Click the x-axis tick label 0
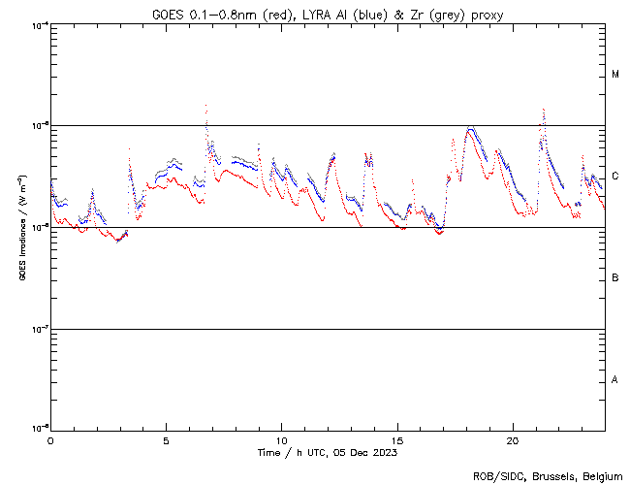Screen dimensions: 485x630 coord(50,439)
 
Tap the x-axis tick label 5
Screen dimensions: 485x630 coord(166,439)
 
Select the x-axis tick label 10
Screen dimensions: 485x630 coord(281,439)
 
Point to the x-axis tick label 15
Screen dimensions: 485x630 coord(397,439)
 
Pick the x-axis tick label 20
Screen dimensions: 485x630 coord(513,439)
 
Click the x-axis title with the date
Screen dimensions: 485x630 coord(327,452)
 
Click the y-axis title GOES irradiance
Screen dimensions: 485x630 coord(21,227)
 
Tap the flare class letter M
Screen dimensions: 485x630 coord(615,75)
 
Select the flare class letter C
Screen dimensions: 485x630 coord(615,177)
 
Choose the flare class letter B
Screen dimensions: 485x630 coord(615,278)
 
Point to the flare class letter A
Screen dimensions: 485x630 coord(615,379)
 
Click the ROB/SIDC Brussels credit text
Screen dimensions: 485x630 coord(548,476)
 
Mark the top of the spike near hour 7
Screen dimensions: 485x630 coord(205,105)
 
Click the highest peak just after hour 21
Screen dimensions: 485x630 coord(544,110)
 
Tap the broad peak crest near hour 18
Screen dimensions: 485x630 coord(470,128)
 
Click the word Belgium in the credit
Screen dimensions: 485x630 coord(603,476)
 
